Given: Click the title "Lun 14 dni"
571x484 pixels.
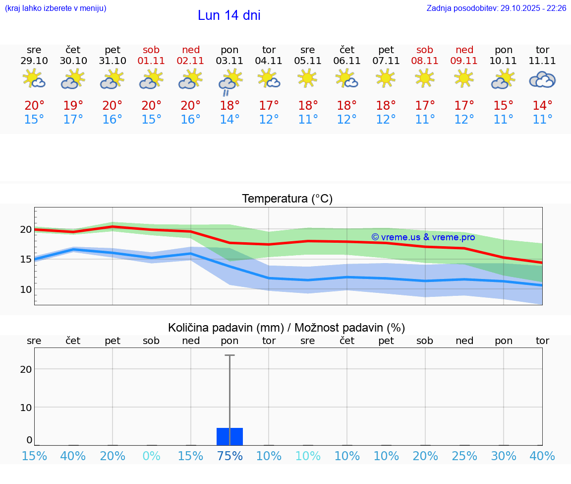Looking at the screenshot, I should pyautogui.click(x=229, y=15).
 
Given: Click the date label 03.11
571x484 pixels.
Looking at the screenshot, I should pyautogui.click(x=229, y=61).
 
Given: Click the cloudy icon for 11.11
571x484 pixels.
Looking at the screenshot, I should pyautogui.click(x=542, y=79).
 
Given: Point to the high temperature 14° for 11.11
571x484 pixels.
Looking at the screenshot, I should pyautogui.click(x=542, y=106).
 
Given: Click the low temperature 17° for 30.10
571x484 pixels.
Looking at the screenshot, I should pyautogui.click(x=73, y=120).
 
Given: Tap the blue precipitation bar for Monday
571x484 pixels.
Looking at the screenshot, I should pyautogui.click(x=229, y=436).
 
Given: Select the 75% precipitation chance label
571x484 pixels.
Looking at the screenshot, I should pyautogui.click(x=229, y=456).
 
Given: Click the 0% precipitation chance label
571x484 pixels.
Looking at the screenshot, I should pyautogui.click(x=151, y=456).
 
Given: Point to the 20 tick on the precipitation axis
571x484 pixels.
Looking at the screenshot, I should pyautogui.click(x=26, y=369).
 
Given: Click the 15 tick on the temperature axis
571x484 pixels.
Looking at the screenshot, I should pyautogui.click(x=25, y=259).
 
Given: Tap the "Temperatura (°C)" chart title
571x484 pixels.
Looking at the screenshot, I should pyautogui.click(x=287, y=199).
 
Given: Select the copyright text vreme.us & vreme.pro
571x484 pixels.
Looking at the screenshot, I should pyautogui.click(x=423, y=237).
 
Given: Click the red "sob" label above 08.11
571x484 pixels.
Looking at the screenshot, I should pyautogui.click(x=425, y=50).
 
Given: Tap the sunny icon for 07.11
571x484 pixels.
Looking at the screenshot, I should pyautogui.click(x=386, y=78).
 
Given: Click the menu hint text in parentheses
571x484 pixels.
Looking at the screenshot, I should pyautogui.click(x=56, y=8).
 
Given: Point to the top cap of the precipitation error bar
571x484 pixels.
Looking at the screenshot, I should pyautogui.click(x=229, y=355).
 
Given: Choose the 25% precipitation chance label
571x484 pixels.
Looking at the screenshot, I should pyautogui.click(x=464, y=456).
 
